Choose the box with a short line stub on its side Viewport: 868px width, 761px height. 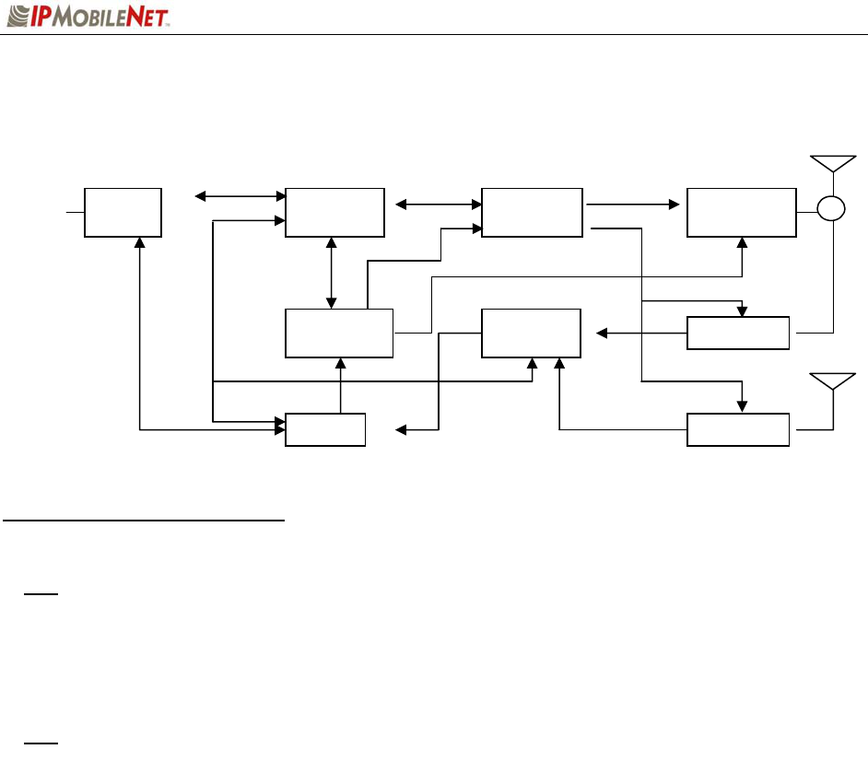123,212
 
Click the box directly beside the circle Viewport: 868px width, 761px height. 741,212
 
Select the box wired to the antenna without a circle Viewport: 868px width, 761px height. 738,430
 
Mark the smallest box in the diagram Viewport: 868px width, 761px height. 325,430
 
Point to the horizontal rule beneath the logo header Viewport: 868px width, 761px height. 434,35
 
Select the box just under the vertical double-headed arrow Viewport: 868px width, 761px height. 339,333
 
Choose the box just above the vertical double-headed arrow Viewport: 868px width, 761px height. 334,212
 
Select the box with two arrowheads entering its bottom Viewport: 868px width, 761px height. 531,333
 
